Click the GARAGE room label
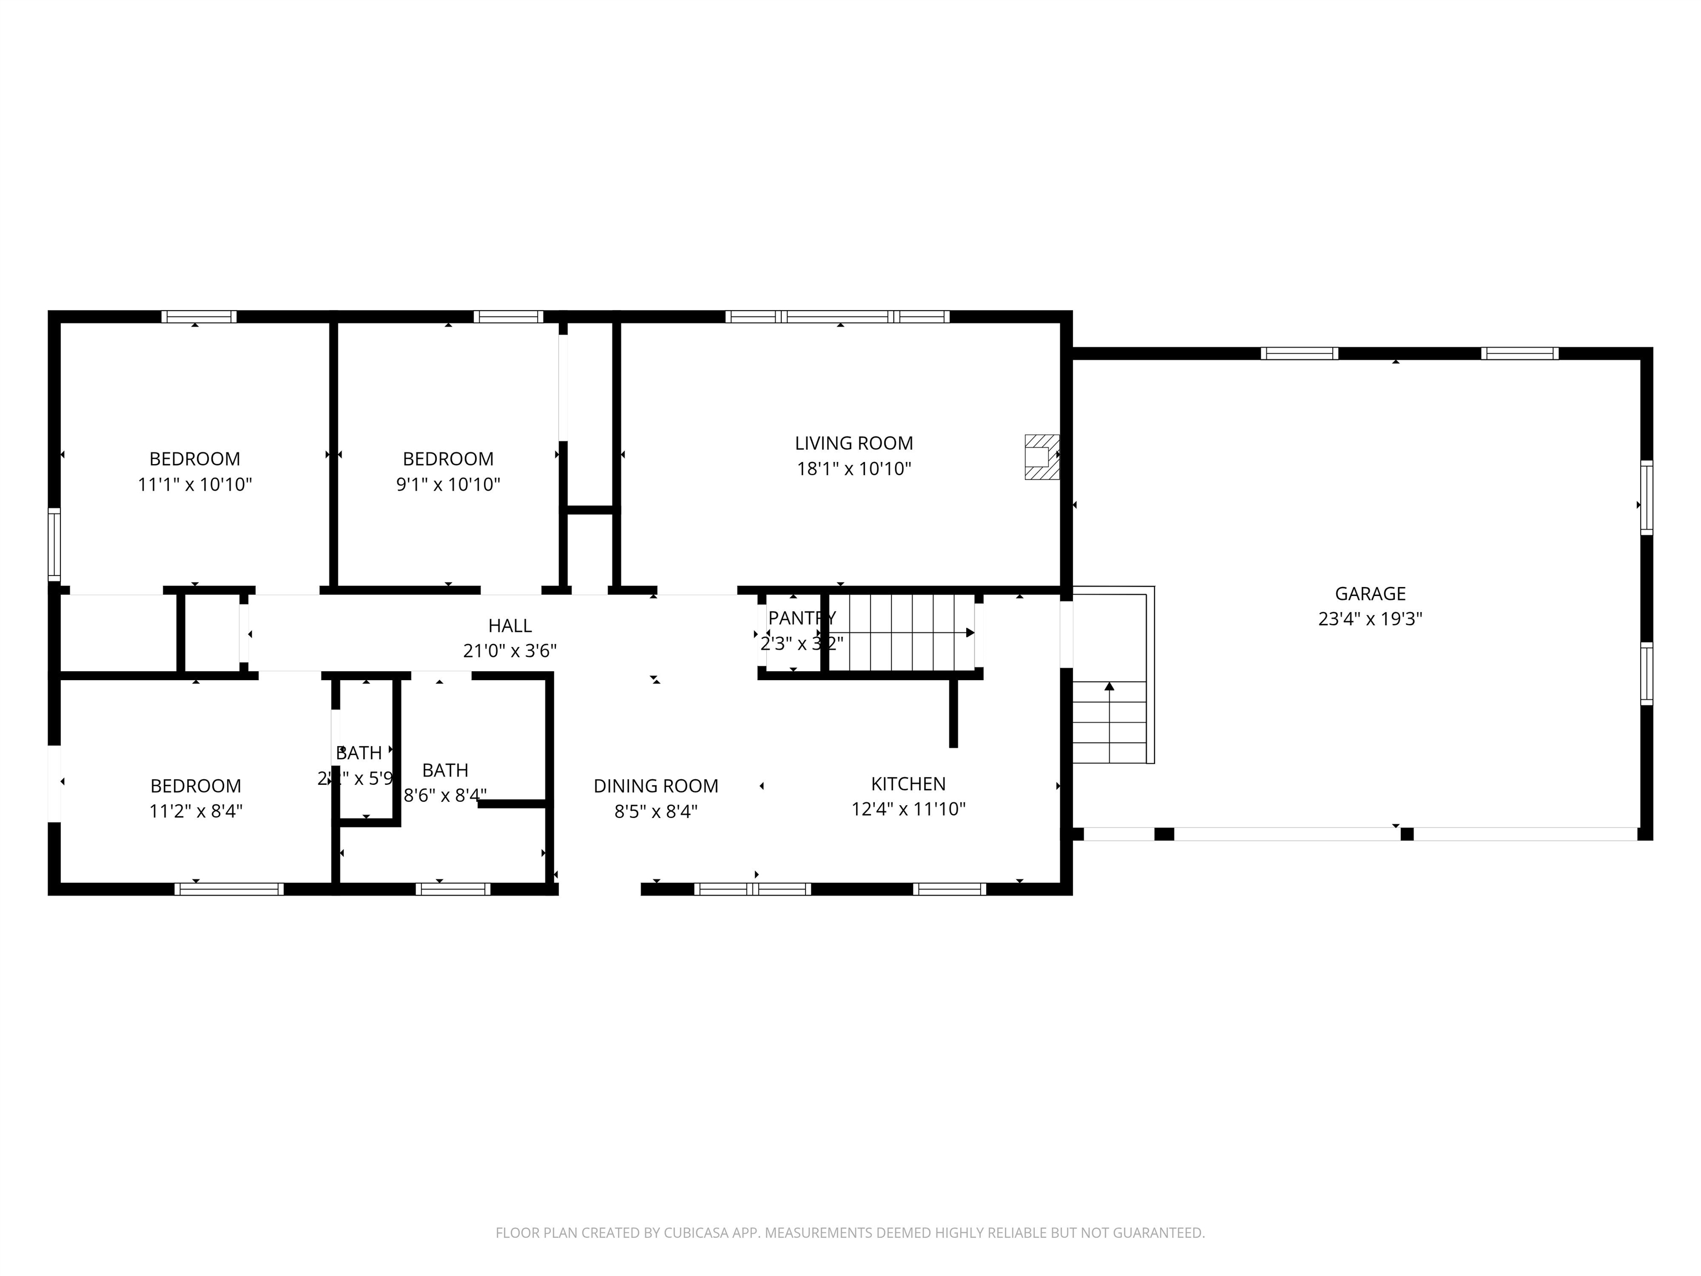tap(1369, 593)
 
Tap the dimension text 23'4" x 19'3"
tap(1369, 619)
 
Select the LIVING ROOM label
tap(854, 443)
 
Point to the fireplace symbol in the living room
tap(1040, 457)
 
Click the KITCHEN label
tap(908, 784)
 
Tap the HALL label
tap(510, 625)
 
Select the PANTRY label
tap(801, 618)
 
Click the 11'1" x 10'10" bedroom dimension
tap(194, 485)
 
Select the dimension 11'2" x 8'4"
tap(195, 811)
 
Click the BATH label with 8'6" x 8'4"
tap(445, 770)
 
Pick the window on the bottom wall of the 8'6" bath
tap(453, 889)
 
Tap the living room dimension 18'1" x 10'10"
tap(854, 469)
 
